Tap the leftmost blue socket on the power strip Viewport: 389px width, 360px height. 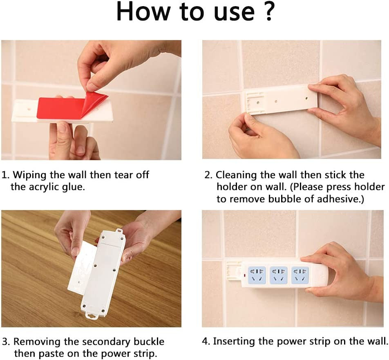[x=257, y=274]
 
